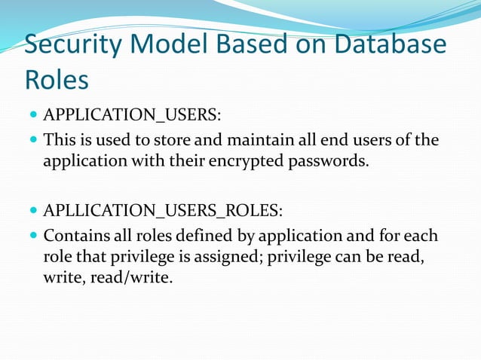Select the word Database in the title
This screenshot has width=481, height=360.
pyautogui.click(x=388, y=44)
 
